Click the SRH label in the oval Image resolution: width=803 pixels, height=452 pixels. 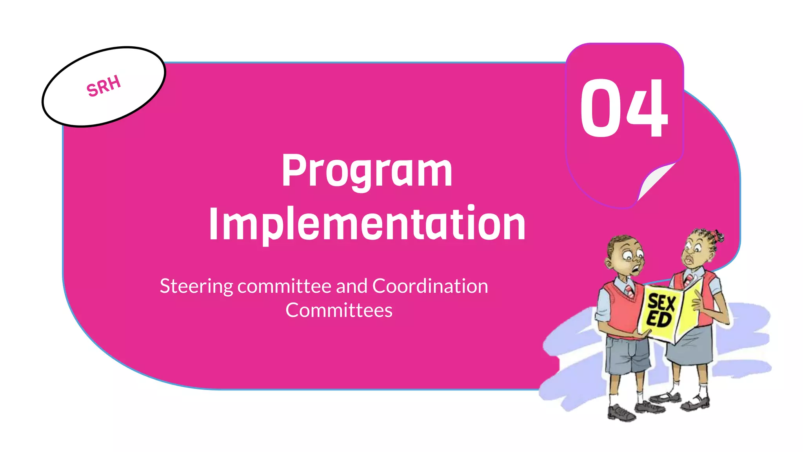[104, 86]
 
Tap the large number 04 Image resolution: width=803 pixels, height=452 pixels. [623, 108]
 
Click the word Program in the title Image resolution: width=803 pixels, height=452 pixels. [367, 171]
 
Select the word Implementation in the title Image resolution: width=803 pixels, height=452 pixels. [367, 224]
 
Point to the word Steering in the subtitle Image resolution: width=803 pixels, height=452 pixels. [196, 286]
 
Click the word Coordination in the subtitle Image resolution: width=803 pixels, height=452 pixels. [430, 286]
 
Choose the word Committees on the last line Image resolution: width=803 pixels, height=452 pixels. [339, 310]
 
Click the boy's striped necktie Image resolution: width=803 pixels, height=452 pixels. [629, 290]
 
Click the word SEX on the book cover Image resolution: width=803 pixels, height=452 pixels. [661, 303]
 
